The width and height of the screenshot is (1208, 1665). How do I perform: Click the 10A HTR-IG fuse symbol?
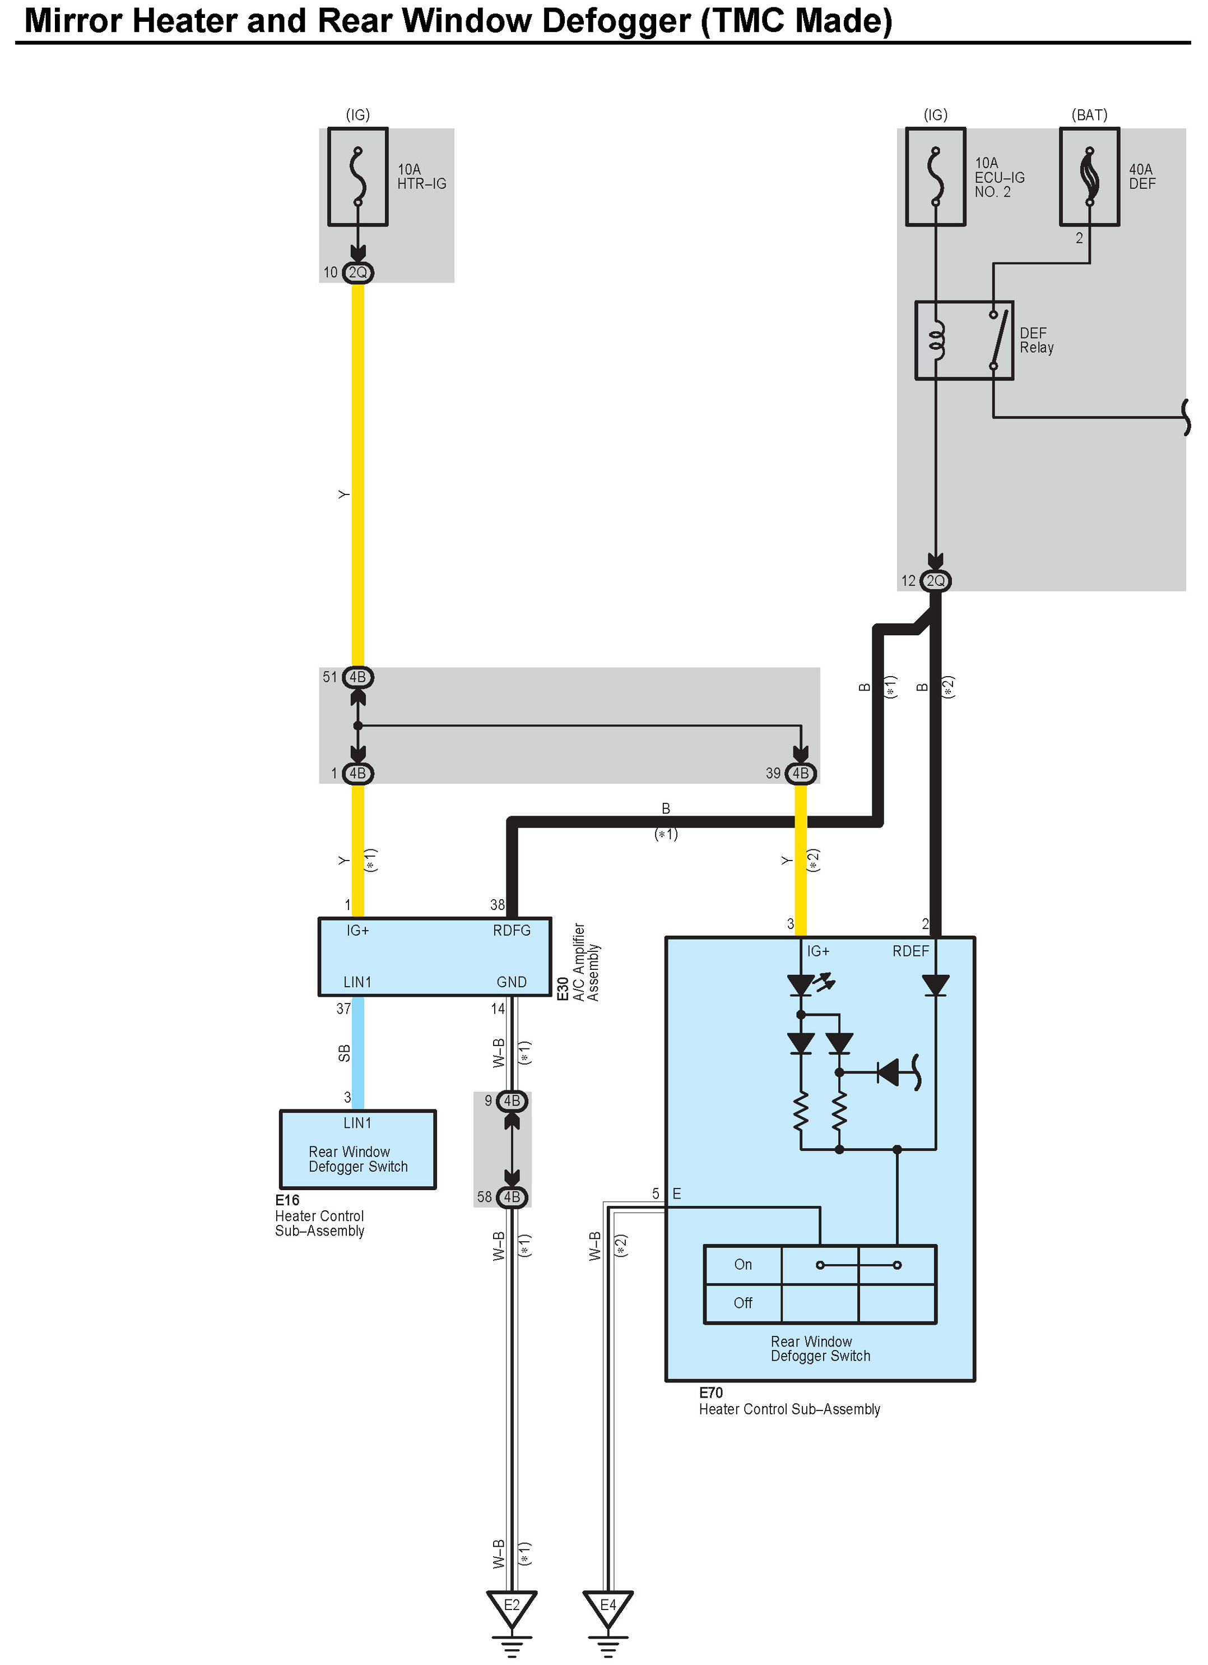[x=357, y=177]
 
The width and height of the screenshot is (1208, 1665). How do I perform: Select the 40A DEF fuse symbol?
[x=1089, y=177]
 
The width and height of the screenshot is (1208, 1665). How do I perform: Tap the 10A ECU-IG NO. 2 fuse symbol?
[x=935, y=177]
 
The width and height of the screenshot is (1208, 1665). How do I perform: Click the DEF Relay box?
[x=964, y=340]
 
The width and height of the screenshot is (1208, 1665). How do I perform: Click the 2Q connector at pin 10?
[x=357, y=272]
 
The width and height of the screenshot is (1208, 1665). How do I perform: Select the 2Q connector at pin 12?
[x=935, y=581]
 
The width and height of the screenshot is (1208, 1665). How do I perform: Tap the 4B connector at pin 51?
[x=357, y=677]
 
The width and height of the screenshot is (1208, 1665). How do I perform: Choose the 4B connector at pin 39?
[x=800, y=773]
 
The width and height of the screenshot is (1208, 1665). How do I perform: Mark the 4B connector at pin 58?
[x=512, y=1197]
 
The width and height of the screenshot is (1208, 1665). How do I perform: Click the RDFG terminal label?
[x=512, y=930]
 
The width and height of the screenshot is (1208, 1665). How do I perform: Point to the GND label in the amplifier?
[x=512, y=982]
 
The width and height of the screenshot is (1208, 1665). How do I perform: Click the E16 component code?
[x=287, y=1200]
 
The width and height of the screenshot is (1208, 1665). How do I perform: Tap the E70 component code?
[x=710, y=1393]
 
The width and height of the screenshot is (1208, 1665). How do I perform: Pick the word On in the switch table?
[x=743, y=1264]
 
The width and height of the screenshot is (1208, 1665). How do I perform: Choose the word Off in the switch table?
[x=743, y=1302]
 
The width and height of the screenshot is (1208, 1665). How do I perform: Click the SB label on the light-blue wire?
[x=343, y=1053]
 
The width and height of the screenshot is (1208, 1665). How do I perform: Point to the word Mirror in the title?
[x=73, y=21]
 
